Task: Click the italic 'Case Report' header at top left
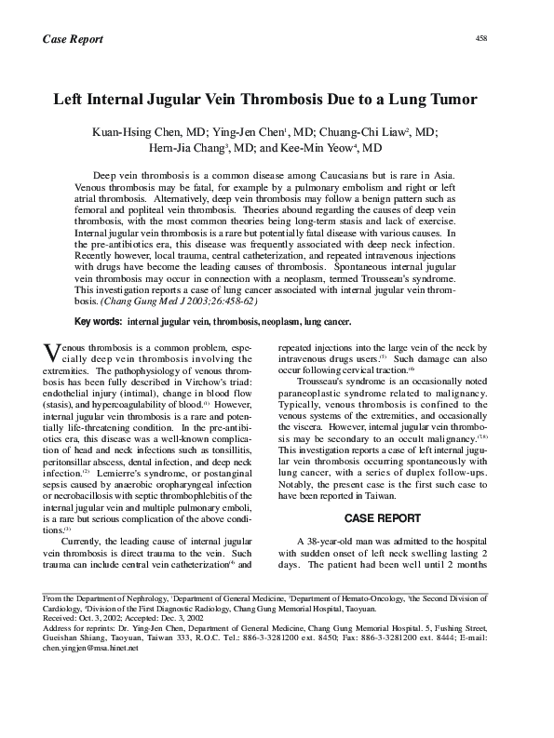point(73,39)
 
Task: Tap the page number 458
point(481,37)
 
